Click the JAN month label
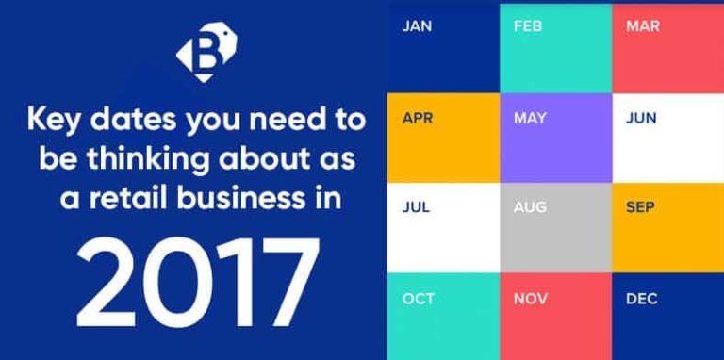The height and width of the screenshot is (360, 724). pos(417,26)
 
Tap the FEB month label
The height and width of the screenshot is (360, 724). pos(528,26)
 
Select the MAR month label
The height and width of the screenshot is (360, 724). pos(641,26)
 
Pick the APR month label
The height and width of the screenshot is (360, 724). pos(417,118)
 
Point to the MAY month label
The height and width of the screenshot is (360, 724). pos(529,118)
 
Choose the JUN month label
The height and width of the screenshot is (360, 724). pos(641,118)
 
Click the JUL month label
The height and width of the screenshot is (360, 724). pos(416,207)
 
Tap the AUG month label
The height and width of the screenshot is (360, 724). pos(529,207)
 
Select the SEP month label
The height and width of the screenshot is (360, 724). pos(641,207)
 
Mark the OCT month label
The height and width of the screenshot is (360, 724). pos(418,299)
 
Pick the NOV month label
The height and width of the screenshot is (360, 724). pos(529,299)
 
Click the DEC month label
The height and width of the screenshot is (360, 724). pos(641,299)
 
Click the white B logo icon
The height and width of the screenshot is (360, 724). pos(206,56)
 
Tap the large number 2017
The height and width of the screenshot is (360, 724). pos(195,281)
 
